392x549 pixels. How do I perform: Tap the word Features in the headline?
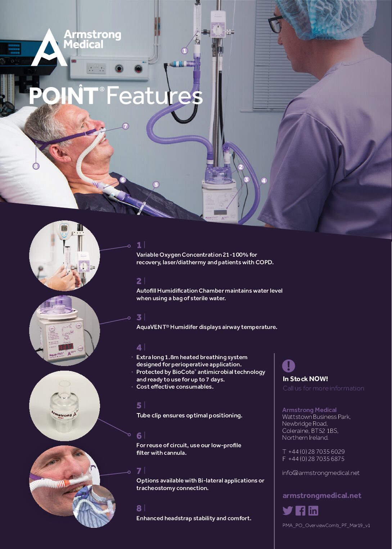(154, 96)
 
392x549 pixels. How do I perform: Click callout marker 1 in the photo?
(185, 51)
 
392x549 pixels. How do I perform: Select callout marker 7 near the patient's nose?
(125, 126)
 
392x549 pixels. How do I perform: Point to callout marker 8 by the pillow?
(36, 166)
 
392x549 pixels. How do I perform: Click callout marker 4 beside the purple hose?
(264, 180)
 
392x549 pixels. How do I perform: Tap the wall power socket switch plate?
(96, 68)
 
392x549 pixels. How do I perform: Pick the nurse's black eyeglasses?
(275, 24)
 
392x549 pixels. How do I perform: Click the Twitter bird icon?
(287, 511)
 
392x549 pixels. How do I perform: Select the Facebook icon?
(300, 511)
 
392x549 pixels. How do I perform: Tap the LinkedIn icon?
(313, 511)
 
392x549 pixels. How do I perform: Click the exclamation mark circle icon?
(289, 366)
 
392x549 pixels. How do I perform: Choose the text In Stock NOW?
(305, 379)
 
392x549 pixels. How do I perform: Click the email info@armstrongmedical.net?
(321, 473)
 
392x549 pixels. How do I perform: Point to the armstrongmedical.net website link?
(322, 495)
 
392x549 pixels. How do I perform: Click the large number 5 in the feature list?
(139, 406)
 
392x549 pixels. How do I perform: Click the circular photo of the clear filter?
(64, 406)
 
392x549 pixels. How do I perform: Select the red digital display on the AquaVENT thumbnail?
(66, 347)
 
